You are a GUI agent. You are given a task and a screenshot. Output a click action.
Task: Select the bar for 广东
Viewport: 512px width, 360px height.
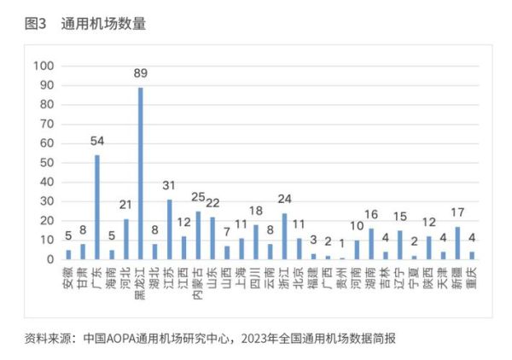(x=96, y=207)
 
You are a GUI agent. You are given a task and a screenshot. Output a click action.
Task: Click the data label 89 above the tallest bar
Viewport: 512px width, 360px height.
(x=140, y=74)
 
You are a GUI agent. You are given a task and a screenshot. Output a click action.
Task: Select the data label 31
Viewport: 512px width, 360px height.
(x=169, y=186)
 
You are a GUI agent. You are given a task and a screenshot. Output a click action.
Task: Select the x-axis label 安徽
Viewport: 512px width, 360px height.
(x=68, y=277)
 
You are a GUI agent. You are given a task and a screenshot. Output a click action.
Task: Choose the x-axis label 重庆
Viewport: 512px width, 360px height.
(x=472, y=277)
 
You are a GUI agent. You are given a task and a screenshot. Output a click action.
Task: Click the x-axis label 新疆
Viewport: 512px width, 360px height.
(x=457, y=277)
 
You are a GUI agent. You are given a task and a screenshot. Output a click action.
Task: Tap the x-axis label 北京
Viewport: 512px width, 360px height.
(x=299, y=277)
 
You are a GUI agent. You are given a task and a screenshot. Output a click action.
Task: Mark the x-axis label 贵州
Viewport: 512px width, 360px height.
(x=342, y=277)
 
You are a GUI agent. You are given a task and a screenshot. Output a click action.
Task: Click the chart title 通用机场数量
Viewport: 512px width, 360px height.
(x=103, y=25)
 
